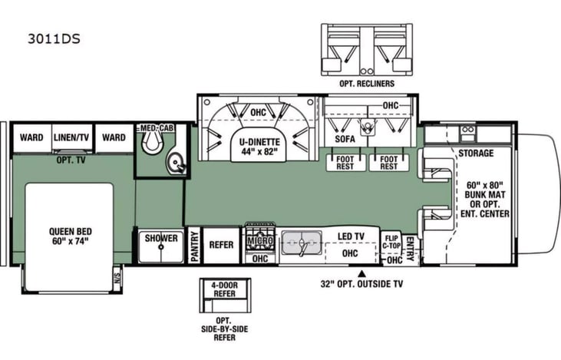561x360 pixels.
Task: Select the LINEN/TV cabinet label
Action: point(72,138)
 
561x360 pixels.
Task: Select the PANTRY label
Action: point(193,246)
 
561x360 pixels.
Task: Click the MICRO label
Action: point(259,241)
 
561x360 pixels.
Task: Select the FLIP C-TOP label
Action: point(391,243)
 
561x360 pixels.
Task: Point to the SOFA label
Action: point(344,140)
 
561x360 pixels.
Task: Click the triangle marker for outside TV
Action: point(361,272)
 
